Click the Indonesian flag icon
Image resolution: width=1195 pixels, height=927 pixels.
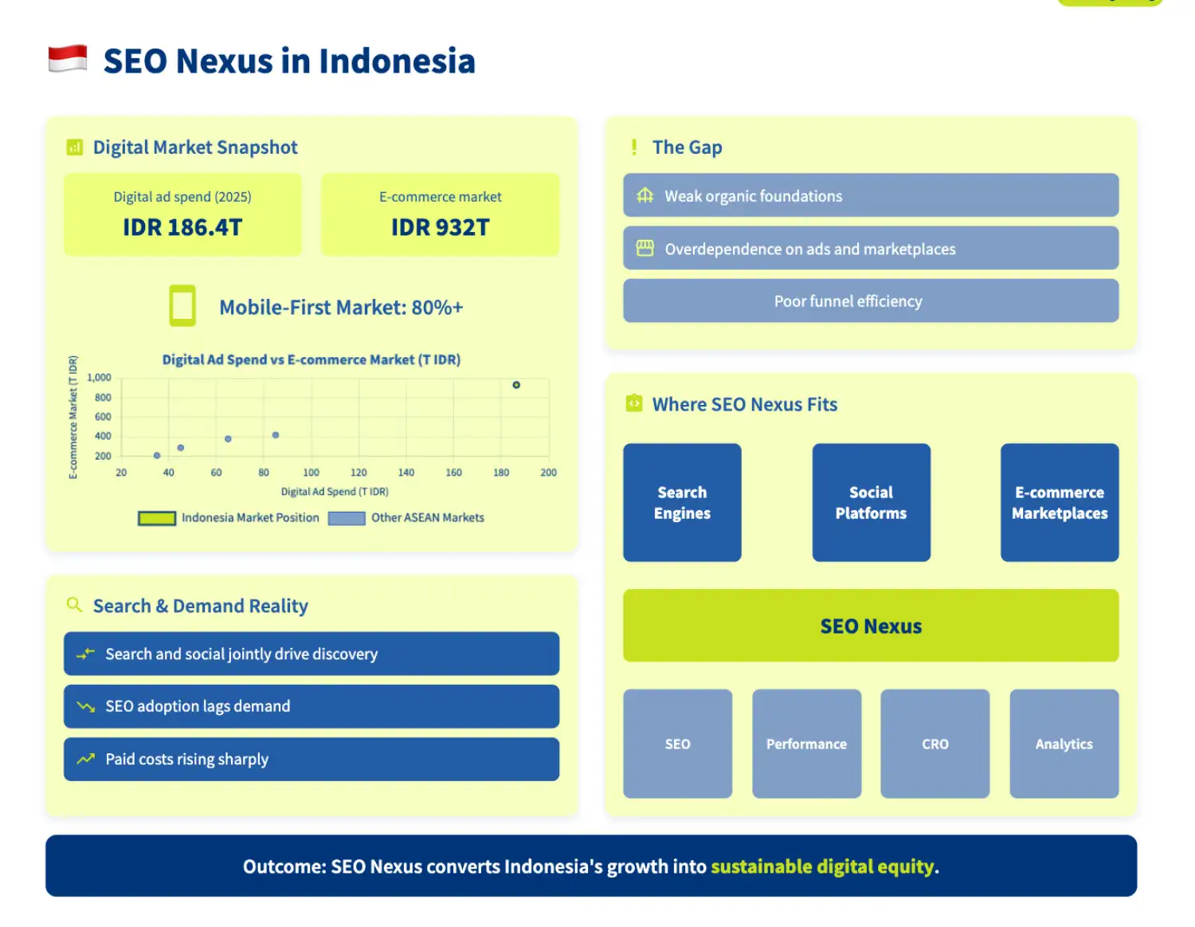pos(68,59)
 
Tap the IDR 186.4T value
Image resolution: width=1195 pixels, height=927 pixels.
pos(182,228)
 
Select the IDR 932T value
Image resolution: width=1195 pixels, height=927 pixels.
pos(440,228)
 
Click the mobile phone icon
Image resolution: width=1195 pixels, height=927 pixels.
pos(182,306)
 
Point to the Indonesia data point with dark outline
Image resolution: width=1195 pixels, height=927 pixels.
pos(516,385)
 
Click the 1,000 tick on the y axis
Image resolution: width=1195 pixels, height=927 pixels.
pos(100,378)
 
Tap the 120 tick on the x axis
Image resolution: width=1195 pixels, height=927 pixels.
pos(358,473)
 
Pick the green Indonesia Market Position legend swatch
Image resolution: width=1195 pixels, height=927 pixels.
pos(157,518)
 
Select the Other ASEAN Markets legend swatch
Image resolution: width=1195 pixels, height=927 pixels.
pos(347,518)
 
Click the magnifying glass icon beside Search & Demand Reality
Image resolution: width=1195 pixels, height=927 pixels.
pos(74,605)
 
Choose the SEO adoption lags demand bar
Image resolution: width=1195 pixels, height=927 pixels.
pos(311,706)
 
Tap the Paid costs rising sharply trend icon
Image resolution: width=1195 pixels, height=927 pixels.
pos(85,759)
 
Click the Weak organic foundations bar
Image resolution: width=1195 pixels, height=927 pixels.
pos(871,195)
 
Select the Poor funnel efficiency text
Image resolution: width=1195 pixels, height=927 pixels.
pos(848,301)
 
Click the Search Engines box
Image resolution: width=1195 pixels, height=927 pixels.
pos(682,502)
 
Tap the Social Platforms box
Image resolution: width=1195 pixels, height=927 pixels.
pos(871,502)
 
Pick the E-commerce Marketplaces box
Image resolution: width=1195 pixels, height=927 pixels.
pos(1060,502)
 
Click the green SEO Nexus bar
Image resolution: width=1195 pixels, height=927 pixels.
pos(871,626)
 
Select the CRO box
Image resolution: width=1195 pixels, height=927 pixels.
pos(935,744)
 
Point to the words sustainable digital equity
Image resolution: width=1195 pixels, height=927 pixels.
pos(822,866)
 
